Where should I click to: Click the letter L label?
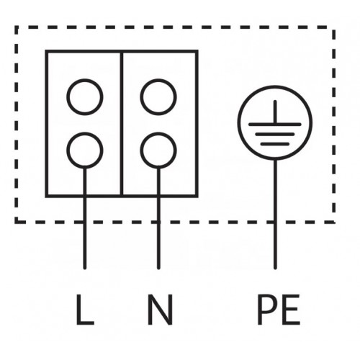[x=84, y=310]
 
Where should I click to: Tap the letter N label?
[x=160, y=310]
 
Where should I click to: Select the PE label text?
[x=279, y=310]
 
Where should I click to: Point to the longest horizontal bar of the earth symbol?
[x=275, y=124]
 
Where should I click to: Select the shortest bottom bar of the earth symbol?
[x=275, y=144]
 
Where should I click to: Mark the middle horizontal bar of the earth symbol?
[x=275, y=134]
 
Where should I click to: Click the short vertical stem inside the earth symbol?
[x=275, y=112]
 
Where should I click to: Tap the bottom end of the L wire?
[x=84, y=268]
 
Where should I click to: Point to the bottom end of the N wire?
[x=158, y=268]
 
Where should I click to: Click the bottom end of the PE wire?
[x=275, y=268]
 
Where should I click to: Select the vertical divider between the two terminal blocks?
[x=122, y=124]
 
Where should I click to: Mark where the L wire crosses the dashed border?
[x=84, y=222]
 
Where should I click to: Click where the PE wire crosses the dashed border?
[x=275, y=222]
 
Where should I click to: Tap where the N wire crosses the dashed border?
[x=158, y=222]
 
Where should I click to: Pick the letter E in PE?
[x=291, y=310]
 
